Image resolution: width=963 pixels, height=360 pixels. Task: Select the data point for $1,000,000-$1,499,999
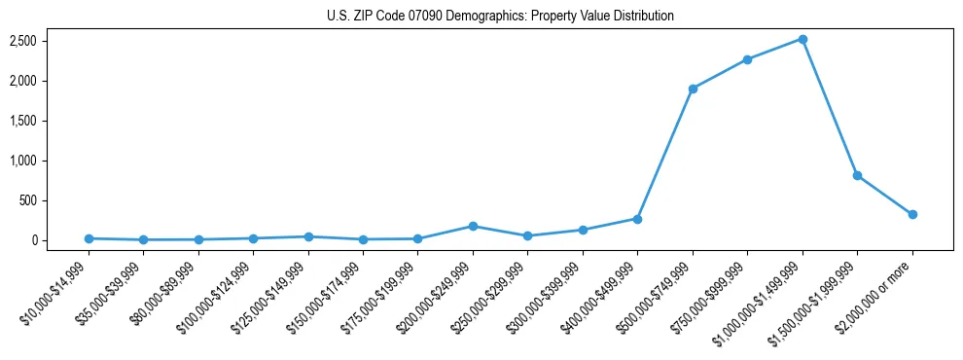pos(802,39)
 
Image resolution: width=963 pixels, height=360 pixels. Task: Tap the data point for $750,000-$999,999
pos(747,59)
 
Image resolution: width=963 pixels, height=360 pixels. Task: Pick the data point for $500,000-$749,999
pos(693,89)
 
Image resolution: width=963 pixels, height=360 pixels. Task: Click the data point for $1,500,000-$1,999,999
pos(857,175)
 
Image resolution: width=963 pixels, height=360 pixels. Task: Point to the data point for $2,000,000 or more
pos(912,214)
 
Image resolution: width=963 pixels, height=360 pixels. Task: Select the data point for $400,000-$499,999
pos(637,219)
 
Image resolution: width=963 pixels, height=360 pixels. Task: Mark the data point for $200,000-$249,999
pos(473,226)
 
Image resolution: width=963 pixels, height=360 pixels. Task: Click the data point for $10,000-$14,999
pos(89,238)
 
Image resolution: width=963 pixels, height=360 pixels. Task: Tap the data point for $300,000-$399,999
pos(583,230)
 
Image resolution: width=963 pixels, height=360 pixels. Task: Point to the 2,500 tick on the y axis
pos(22,41)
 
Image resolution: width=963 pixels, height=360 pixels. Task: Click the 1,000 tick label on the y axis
pos(22,161)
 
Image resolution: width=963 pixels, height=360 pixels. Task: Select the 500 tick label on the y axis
pos(27,200)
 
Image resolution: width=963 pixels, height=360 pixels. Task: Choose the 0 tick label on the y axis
pos(32,240)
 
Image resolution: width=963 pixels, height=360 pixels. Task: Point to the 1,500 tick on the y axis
pos(22,121)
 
